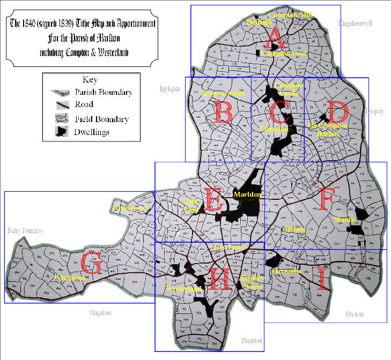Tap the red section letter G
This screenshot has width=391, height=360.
(x=91, y=265)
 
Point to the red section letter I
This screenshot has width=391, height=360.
(x=321, y=279)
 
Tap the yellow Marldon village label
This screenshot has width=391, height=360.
(x=247, y=194)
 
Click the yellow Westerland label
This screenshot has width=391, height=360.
(x=184, y=289)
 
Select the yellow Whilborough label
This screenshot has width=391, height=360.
(x=70, y=278)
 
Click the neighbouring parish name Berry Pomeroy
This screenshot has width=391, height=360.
(x=25, y=231)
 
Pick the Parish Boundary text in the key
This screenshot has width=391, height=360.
(x=104, y=92)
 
